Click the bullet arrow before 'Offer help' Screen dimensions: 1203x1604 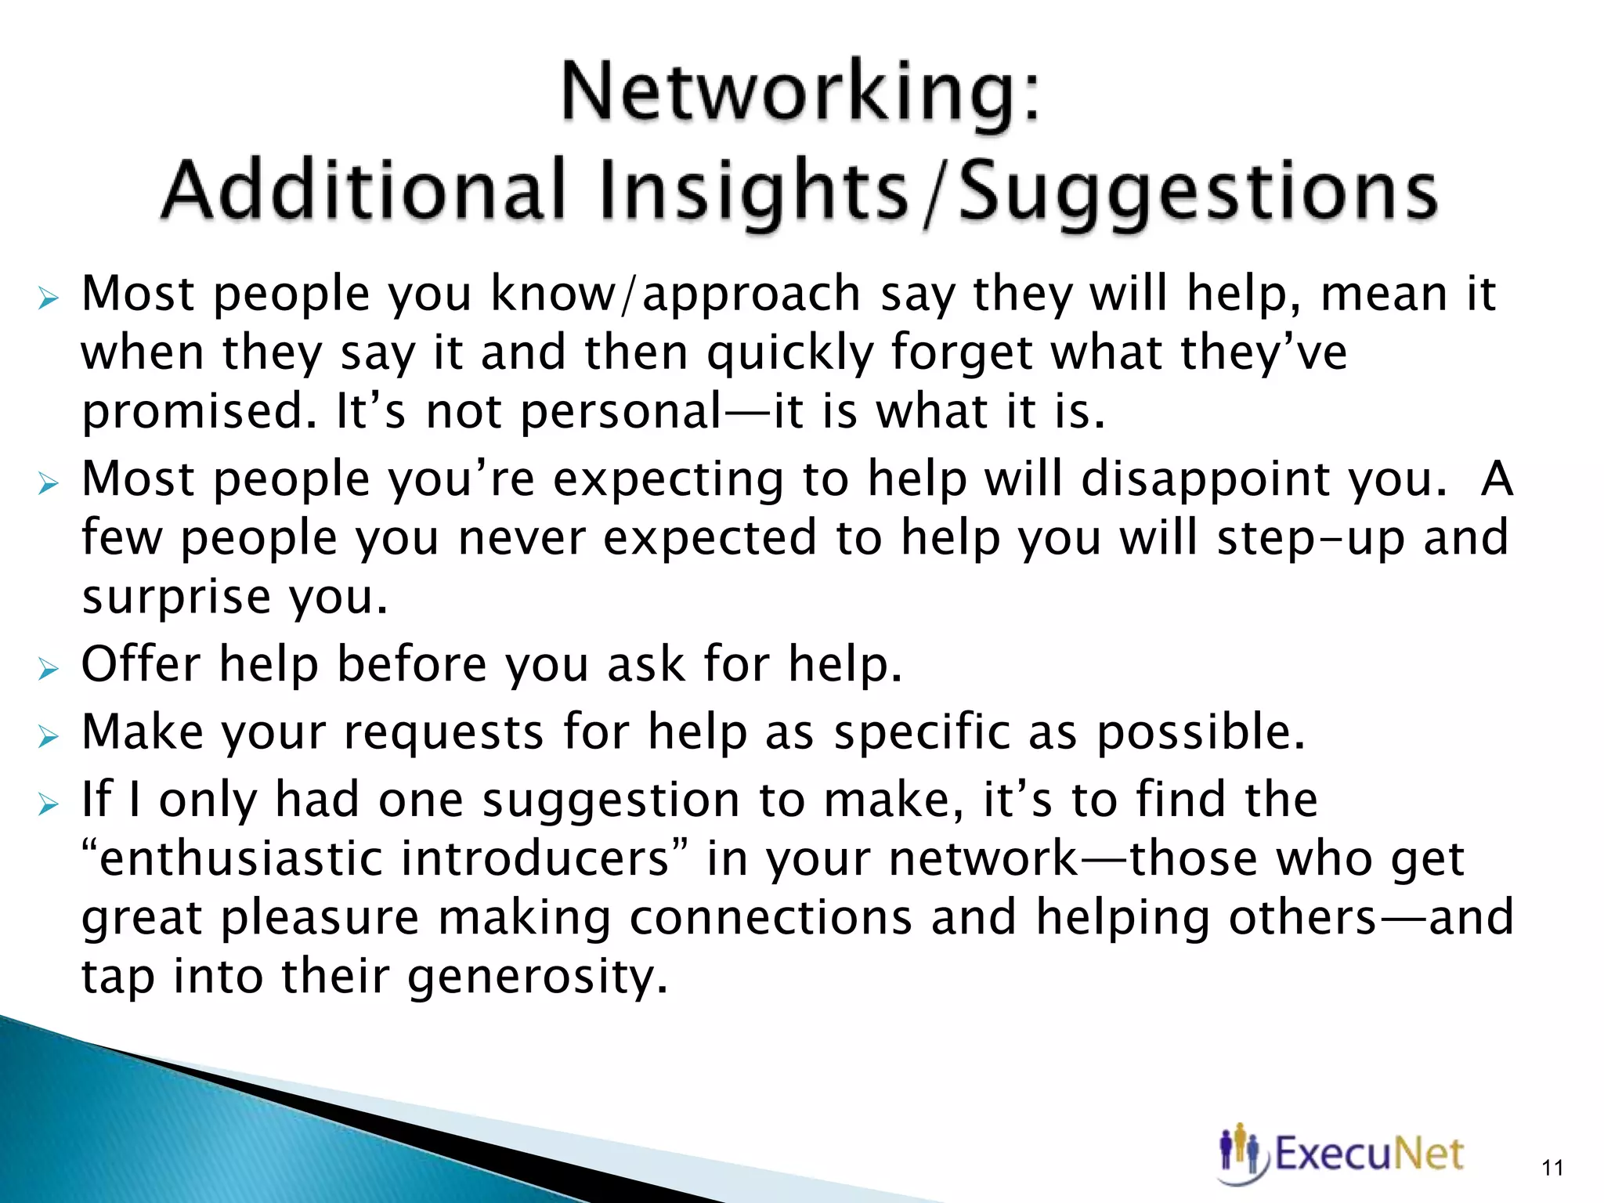tap(48, 668)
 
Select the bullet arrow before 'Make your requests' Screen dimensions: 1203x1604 tap(48, 735)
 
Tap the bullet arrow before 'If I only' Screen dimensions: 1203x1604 tap(48, 804)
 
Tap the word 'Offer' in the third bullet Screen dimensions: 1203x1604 tap(141, 665)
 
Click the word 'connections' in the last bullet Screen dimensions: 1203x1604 tap(771, 918)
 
